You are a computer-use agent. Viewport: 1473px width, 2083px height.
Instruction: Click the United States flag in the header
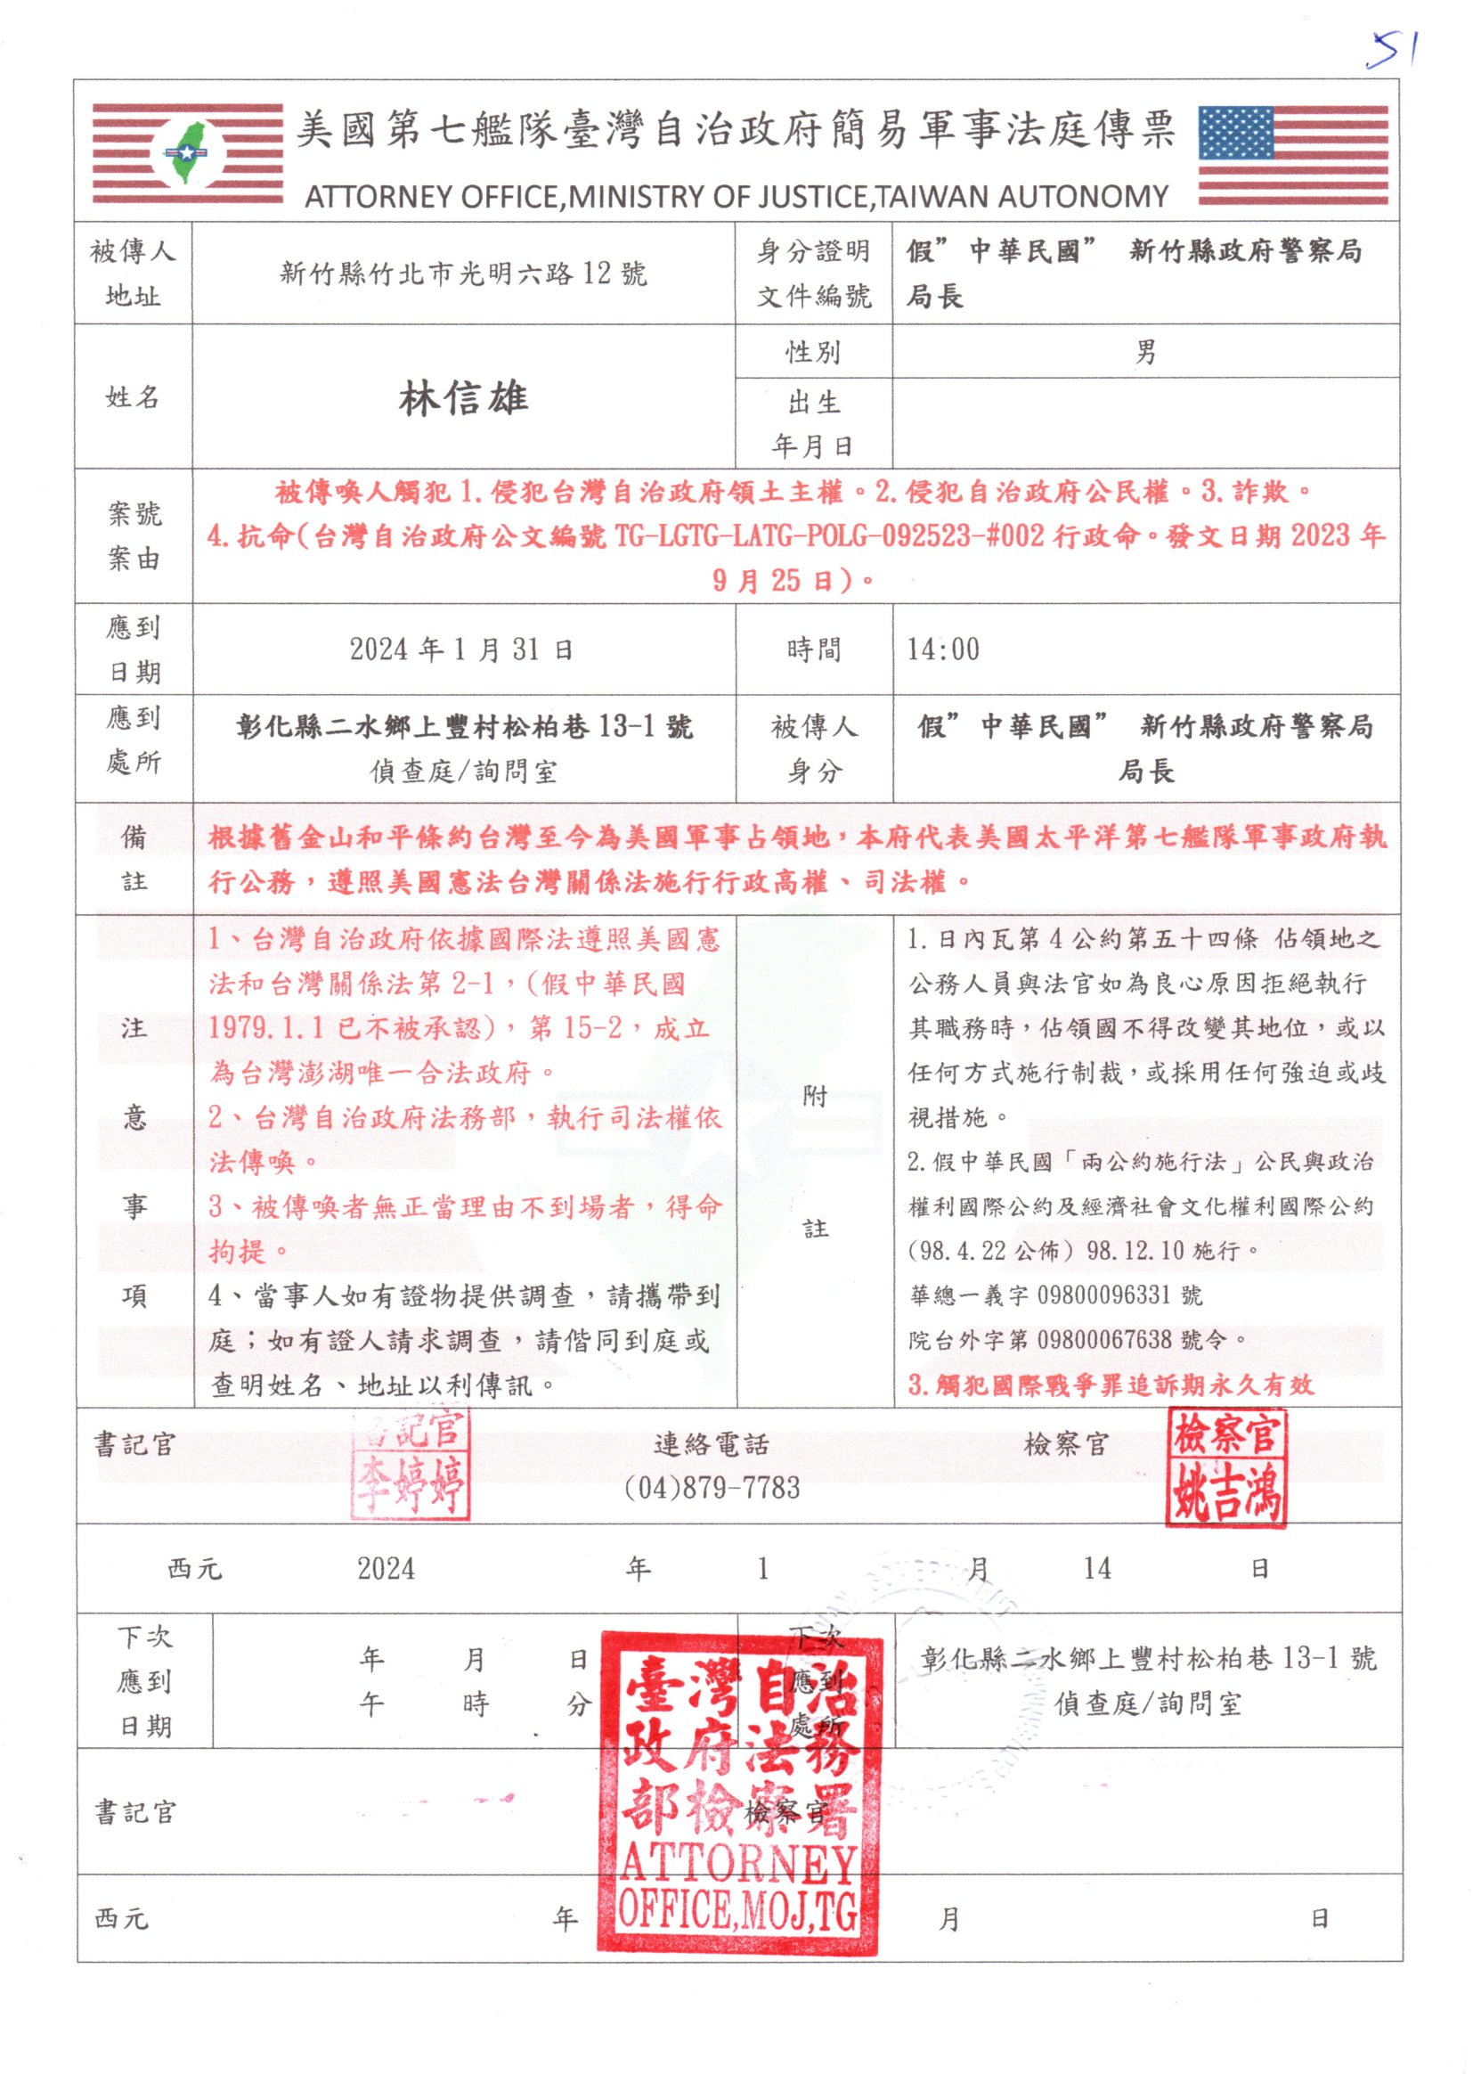[x=1292, y=155]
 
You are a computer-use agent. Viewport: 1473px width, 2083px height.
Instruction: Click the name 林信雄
[x=462, y=398]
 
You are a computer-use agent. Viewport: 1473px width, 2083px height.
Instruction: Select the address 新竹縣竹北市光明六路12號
[x=462, y=274]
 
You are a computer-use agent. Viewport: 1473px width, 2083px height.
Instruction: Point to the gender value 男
[x=1145, y=352]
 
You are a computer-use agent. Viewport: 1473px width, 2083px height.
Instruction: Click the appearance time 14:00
[x=943, y=649]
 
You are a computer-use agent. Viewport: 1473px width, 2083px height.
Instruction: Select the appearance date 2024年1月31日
[x=461, y=649]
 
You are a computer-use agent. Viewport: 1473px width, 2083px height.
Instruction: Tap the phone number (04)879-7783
[x=712, y=1489]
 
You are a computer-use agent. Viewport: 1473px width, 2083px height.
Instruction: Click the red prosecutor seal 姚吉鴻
[x=1225, y=1466]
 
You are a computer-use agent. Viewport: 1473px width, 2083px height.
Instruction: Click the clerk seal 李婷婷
[x=411, y=1466]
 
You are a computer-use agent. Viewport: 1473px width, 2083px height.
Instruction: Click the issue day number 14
[x=1096, y=1569]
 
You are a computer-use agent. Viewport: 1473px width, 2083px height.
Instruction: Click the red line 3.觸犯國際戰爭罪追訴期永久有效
[x=1111, y=1385]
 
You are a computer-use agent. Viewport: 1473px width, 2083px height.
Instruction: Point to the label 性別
[x=813, y=352]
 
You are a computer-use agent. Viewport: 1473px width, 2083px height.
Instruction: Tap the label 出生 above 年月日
[x=814, y=403]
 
